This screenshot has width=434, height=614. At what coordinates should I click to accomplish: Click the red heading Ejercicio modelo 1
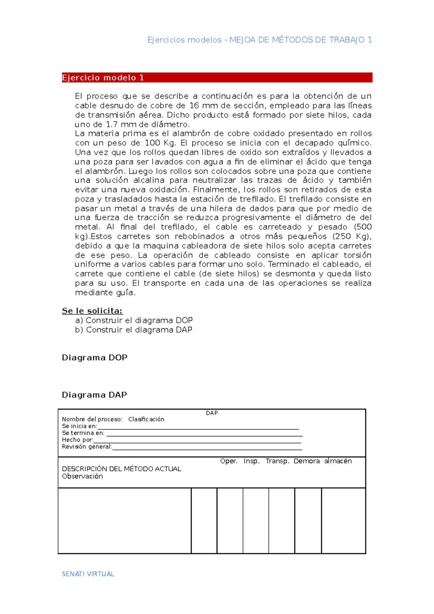103,78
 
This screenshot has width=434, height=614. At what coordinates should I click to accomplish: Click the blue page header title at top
259,40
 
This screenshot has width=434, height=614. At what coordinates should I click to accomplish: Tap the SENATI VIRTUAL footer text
88,574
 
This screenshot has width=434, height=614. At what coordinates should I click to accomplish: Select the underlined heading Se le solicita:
92,311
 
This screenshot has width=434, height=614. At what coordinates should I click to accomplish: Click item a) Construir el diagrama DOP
134,320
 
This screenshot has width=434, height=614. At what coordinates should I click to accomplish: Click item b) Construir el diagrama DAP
134,330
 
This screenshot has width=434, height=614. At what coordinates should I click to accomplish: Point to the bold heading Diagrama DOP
95,358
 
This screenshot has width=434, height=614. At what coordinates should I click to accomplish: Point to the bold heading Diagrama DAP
94,395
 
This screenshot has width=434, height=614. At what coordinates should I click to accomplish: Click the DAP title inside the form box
212,413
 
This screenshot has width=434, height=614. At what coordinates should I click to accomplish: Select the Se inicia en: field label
80,426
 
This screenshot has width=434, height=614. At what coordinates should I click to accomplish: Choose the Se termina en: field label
83,433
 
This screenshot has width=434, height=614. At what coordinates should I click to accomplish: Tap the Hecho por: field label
77,440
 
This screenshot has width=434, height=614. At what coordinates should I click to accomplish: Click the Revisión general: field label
87,447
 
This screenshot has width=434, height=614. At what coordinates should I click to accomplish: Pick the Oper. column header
229,461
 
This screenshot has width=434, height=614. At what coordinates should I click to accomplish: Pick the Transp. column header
277,461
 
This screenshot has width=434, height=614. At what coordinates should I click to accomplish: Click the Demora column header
306,461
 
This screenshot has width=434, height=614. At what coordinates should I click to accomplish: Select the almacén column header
338,461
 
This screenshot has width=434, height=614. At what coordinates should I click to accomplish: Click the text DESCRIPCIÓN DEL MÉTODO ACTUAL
122,469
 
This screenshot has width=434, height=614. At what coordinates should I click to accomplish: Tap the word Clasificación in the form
146,419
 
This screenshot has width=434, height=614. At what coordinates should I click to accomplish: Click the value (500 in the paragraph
363,227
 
